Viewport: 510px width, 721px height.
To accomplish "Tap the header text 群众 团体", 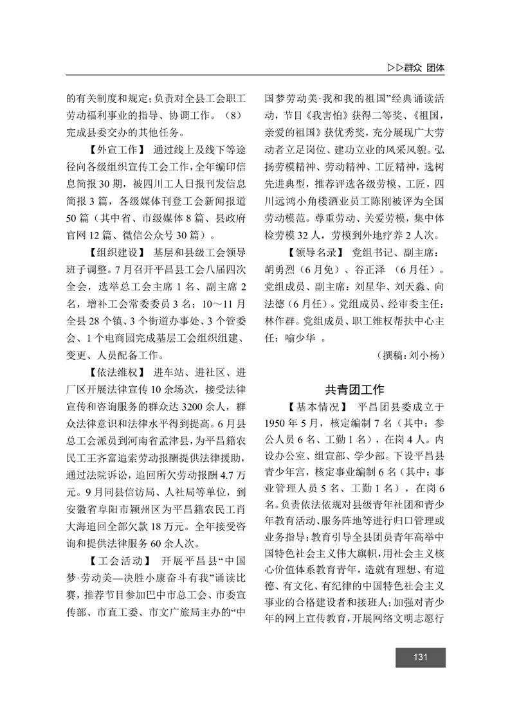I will click(x=426, y=67).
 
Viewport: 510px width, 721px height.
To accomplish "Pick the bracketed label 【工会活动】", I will click(x=116, y=539).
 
